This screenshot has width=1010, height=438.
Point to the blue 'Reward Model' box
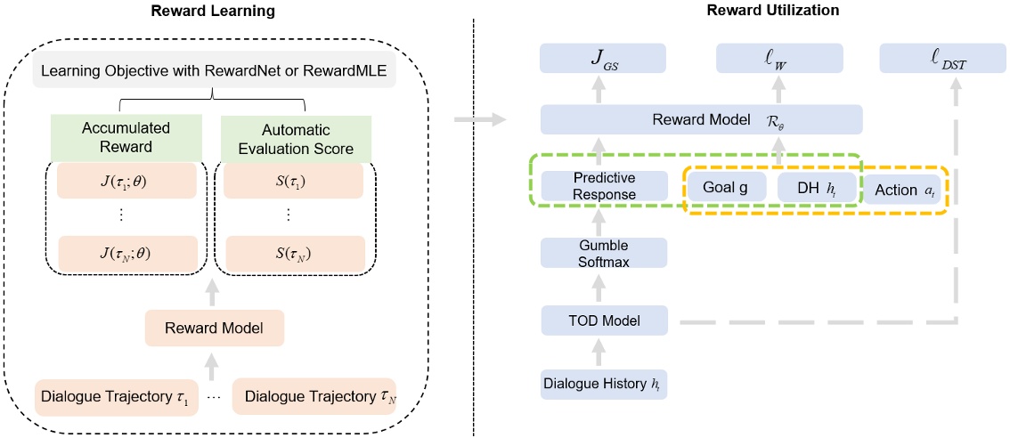pyautogui.click(x=701, y=119)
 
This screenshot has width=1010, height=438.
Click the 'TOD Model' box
pyautogui.click(x=604, y=319)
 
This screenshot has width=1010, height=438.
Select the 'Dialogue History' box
pyautogui.click(x=604, y=385)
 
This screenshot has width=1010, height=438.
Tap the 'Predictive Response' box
pyautogui.click(x=604, y=186)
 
